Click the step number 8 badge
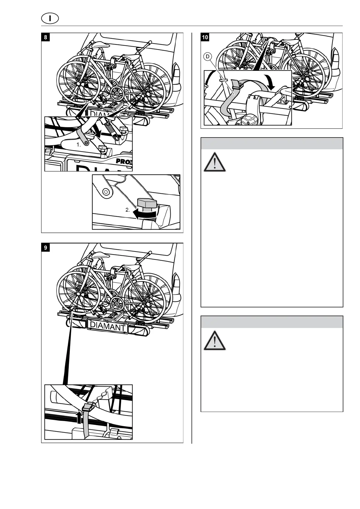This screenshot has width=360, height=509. point(45,38)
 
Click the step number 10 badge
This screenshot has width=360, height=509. point(205,37)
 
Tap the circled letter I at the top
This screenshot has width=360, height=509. point(50,18)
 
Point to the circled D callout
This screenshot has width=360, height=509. point(208,57)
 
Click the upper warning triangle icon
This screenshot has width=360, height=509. point(214,162)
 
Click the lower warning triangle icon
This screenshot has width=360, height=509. point(214,341)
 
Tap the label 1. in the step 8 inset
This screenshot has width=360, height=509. point(79,145)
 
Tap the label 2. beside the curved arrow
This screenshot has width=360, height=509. point(128,210)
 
